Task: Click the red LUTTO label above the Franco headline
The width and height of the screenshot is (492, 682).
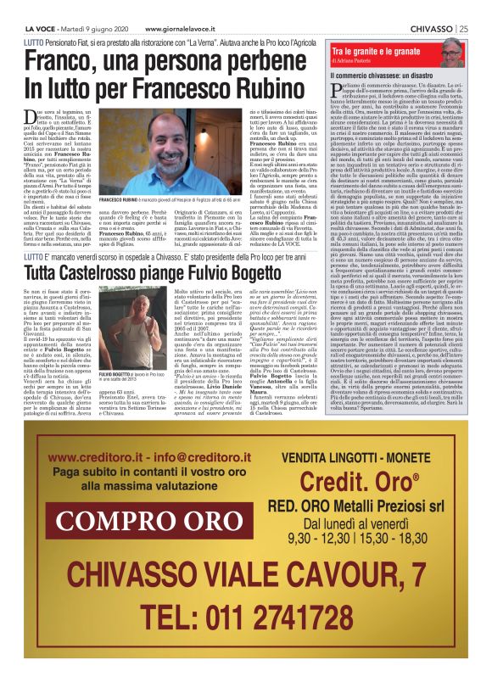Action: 36,40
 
